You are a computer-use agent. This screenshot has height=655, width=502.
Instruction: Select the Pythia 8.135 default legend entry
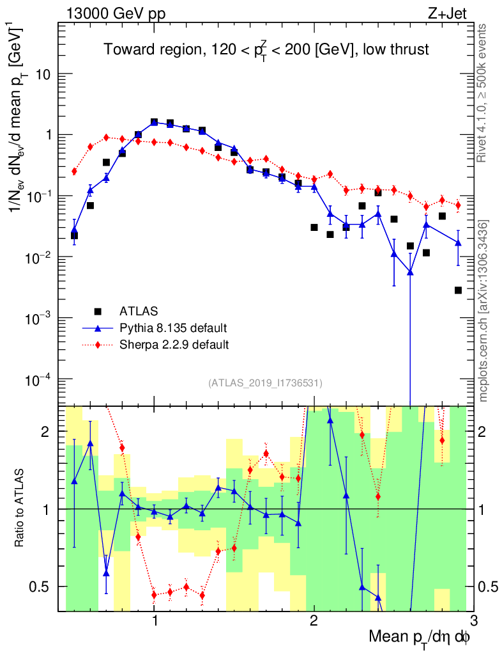172,328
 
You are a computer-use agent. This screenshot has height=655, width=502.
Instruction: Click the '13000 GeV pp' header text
115,13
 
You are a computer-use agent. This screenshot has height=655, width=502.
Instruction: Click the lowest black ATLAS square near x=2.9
458,290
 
